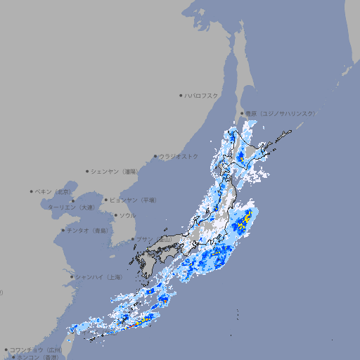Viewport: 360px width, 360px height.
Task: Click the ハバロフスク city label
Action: pos(202,95)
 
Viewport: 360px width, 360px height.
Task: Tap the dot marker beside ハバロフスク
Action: pos(181,95)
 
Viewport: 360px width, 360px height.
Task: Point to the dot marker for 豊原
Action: pos(242,113)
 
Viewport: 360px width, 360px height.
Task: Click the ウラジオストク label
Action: pos(179,156)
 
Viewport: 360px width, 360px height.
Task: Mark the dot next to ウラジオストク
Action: pos(155,156)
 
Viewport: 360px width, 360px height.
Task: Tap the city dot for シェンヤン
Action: pos(88,171)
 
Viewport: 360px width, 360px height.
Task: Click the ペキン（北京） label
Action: pos(54,191)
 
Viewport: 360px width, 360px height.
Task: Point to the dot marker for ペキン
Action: pos(32,191)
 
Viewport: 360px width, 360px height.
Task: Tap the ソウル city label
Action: pos(127,215)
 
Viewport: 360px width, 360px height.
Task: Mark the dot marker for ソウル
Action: pos(115,215)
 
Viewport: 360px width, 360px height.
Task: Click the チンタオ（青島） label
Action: pos(88,230)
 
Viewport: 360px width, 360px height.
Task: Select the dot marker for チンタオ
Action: pos(63,230)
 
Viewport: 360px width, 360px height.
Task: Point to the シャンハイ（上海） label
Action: pos(98,277)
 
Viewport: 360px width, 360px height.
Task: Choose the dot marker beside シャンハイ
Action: pos(72,277)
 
